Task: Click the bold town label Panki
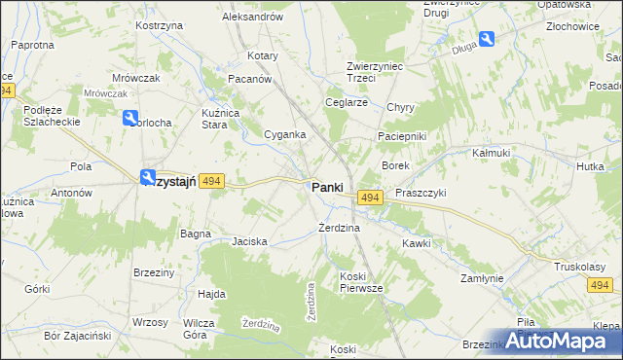(327, 188)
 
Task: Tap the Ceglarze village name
(347, 102)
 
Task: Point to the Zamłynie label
(482, 278)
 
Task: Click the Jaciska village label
(249, 240)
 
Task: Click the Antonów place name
(71, 193)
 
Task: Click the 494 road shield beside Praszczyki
(368, 198)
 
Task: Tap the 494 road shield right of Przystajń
(214, 181)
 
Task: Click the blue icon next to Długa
(487, 39)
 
